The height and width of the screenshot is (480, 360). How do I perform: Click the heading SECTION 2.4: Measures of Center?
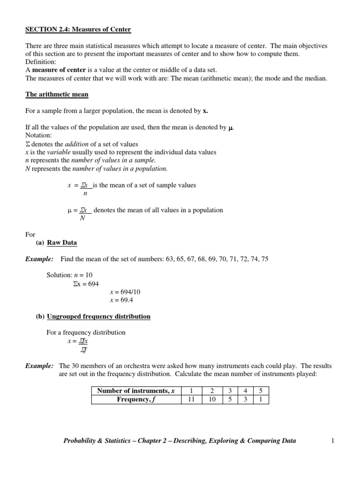pos(78,30)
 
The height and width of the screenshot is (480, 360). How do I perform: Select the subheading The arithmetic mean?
pos(57,94)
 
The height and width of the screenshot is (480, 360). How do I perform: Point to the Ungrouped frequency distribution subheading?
pos(98,316)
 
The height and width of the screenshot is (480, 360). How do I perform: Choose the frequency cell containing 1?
pos(261,399)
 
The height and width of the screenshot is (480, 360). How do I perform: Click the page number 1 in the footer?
pos(332,441)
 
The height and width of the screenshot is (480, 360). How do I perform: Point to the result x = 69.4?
pos(124,300)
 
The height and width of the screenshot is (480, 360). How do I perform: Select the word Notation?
pos(39,135)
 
